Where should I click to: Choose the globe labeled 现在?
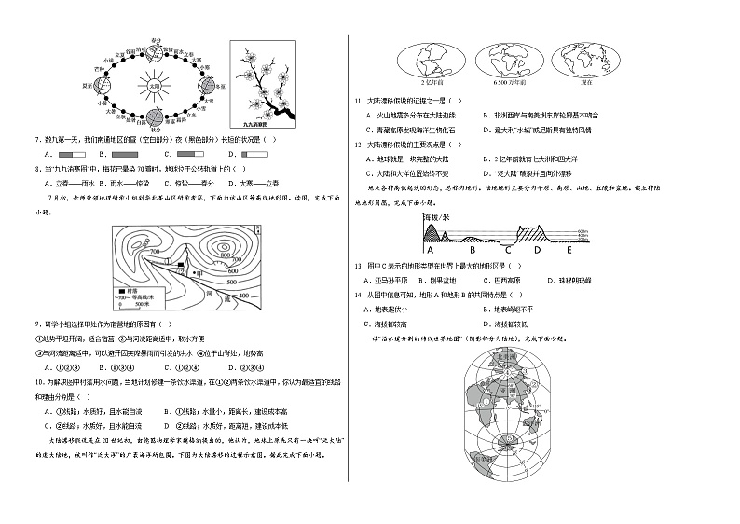point(585,62)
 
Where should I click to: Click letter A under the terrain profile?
point(431,250)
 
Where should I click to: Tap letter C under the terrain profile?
point(508,250)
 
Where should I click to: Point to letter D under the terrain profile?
point(536,250)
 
